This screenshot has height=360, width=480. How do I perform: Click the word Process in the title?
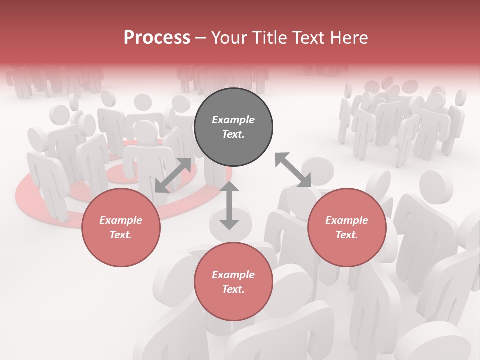pos(157,38)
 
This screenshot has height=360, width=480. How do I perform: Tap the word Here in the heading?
pos(349,38)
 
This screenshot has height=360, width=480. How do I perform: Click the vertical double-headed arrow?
pos(229,206)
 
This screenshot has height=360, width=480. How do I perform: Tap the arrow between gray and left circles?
pos(173,175)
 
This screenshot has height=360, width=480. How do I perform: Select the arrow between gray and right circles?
pos(293,170)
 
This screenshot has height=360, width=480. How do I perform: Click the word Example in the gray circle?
pos(233,120)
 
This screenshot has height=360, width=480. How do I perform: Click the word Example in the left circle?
pos(121,220)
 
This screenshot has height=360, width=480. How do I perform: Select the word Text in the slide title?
pos(309,38)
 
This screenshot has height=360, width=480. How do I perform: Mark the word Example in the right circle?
pos(347,220)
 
